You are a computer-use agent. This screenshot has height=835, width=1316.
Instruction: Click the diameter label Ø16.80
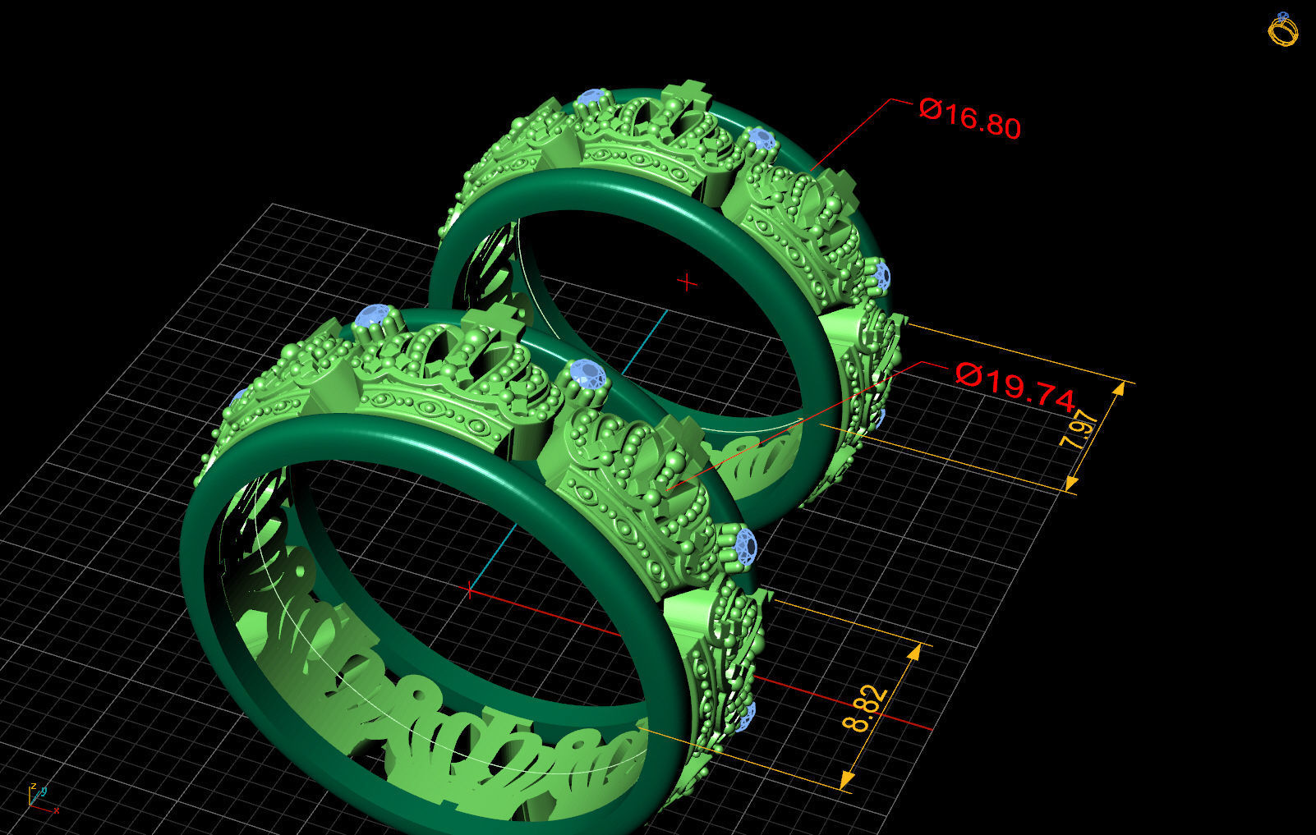969,118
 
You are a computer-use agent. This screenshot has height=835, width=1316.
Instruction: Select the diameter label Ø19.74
1015,385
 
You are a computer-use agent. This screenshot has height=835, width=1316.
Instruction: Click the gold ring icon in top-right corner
1282,30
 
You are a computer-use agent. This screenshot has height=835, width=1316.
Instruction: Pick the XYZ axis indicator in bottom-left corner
40,797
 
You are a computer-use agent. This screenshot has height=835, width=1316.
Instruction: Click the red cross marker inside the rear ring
687,283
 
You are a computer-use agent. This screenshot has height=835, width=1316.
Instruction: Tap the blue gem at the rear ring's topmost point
591,98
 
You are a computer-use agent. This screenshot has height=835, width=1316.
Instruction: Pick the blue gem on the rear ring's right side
881,275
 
